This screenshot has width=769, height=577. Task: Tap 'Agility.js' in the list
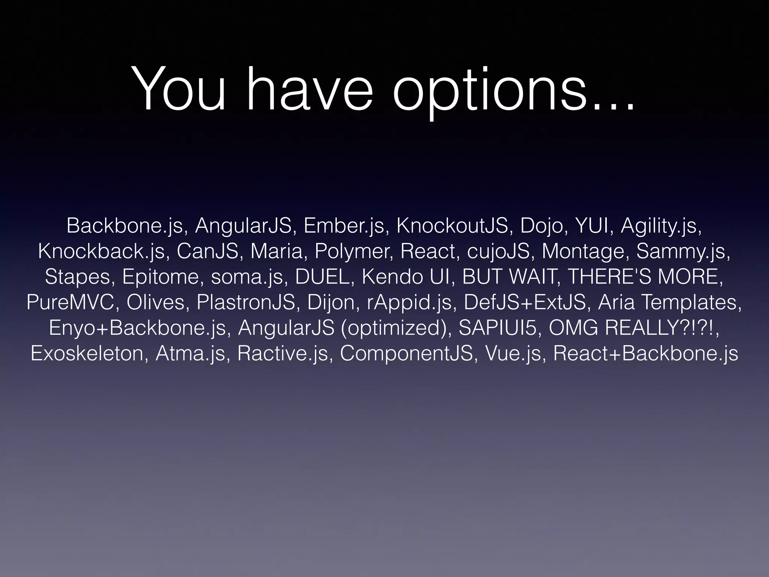[660, 225]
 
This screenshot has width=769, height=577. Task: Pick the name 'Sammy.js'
[683, 251]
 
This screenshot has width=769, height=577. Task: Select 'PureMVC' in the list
[70, 302]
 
